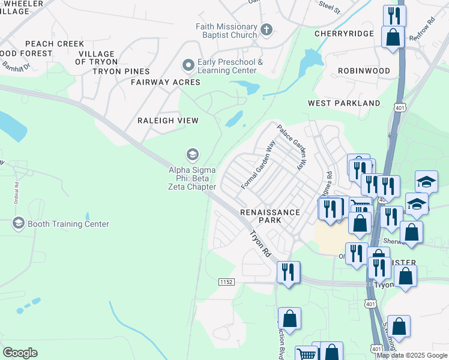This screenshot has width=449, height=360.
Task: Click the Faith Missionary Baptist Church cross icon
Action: click(267, 29)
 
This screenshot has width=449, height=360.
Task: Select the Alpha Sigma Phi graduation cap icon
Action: click(192, 155)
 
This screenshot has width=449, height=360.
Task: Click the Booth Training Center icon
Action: click(18, 224)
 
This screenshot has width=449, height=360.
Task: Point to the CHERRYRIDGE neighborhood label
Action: click(345, 34)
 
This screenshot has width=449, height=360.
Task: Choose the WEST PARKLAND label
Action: click(344, 103)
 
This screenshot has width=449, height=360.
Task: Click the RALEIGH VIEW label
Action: click(168, 121)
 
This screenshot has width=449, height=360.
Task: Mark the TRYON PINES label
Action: click(121, 71)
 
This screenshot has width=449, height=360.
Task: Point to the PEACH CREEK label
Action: click(55, 44)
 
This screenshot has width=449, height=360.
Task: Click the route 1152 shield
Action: click(226, 281)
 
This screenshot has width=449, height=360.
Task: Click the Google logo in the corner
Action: click(20, 353)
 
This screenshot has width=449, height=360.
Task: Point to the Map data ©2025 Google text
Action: click(411, 355)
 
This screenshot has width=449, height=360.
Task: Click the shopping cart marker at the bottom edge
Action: click(307, 354)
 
